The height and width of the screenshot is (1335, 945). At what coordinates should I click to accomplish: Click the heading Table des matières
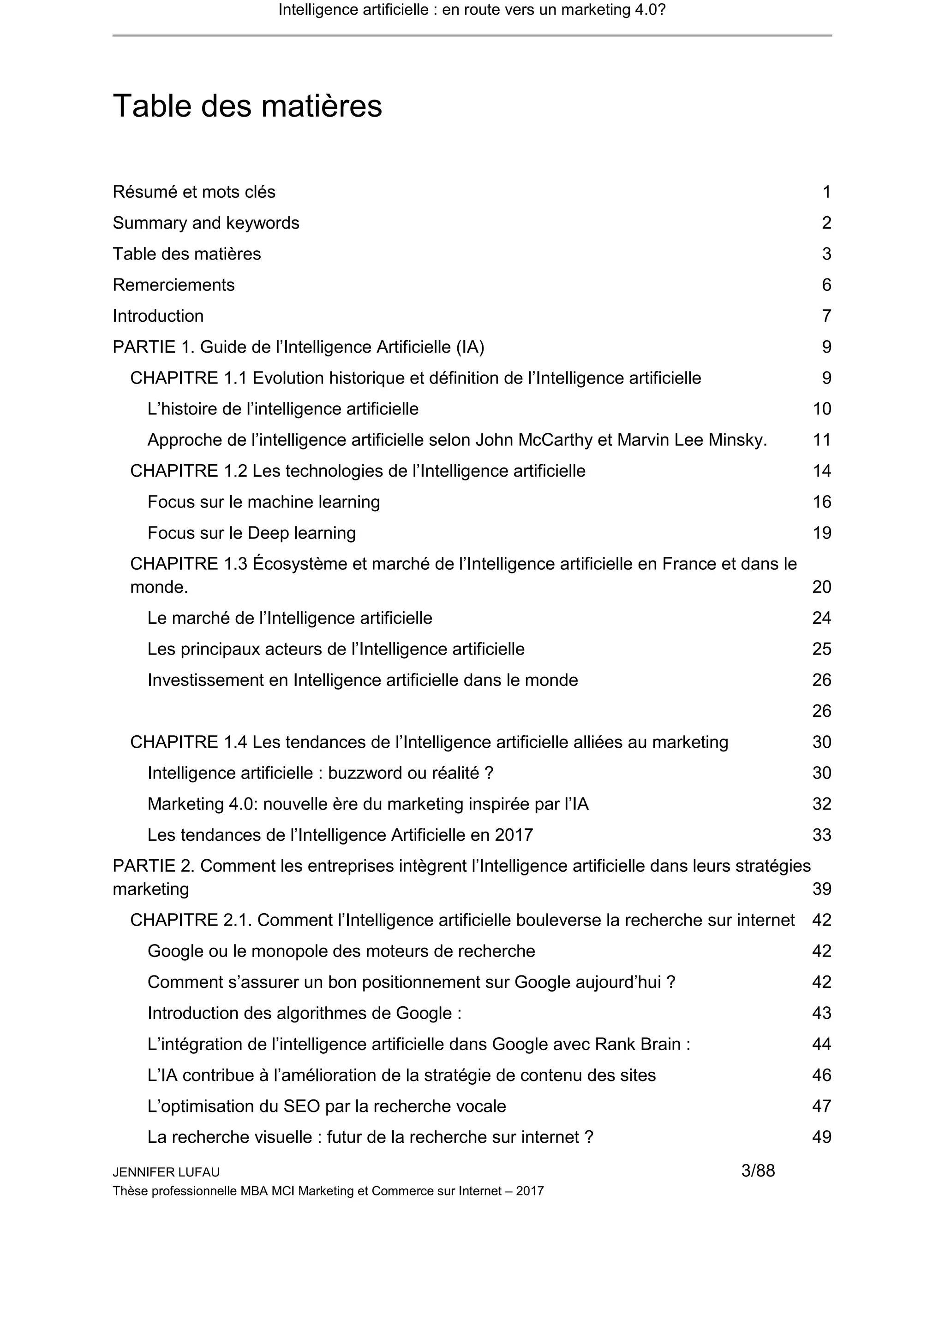[x=247, y=106]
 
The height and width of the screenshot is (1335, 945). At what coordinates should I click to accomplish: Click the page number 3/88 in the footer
[x=758, y=1170]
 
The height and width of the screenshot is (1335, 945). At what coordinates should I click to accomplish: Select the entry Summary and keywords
[x=206, y=223]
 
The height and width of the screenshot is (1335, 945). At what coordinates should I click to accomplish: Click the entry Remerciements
[x=173, y=285]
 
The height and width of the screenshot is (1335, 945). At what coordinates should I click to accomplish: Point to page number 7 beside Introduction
[x=826, y=316]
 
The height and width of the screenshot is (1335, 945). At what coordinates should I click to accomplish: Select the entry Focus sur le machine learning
[x=263, y=502]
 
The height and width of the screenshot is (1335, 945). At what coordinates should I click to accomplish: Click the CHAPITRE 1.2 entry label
[x=189, y=471]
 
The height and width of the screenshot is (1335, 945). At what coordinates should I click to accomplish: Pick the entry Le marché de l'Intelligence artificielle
[x=290, y=618]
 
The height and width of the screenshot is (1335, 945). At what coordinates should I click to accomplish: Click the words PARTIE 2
[x=153, y=866]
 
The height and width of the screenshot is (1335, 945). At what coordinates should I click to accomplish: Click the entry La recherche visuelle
[x=370, y=1137]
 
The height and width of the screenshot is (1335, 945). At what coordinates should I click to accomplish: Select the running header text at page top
[x=472, y=10]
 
